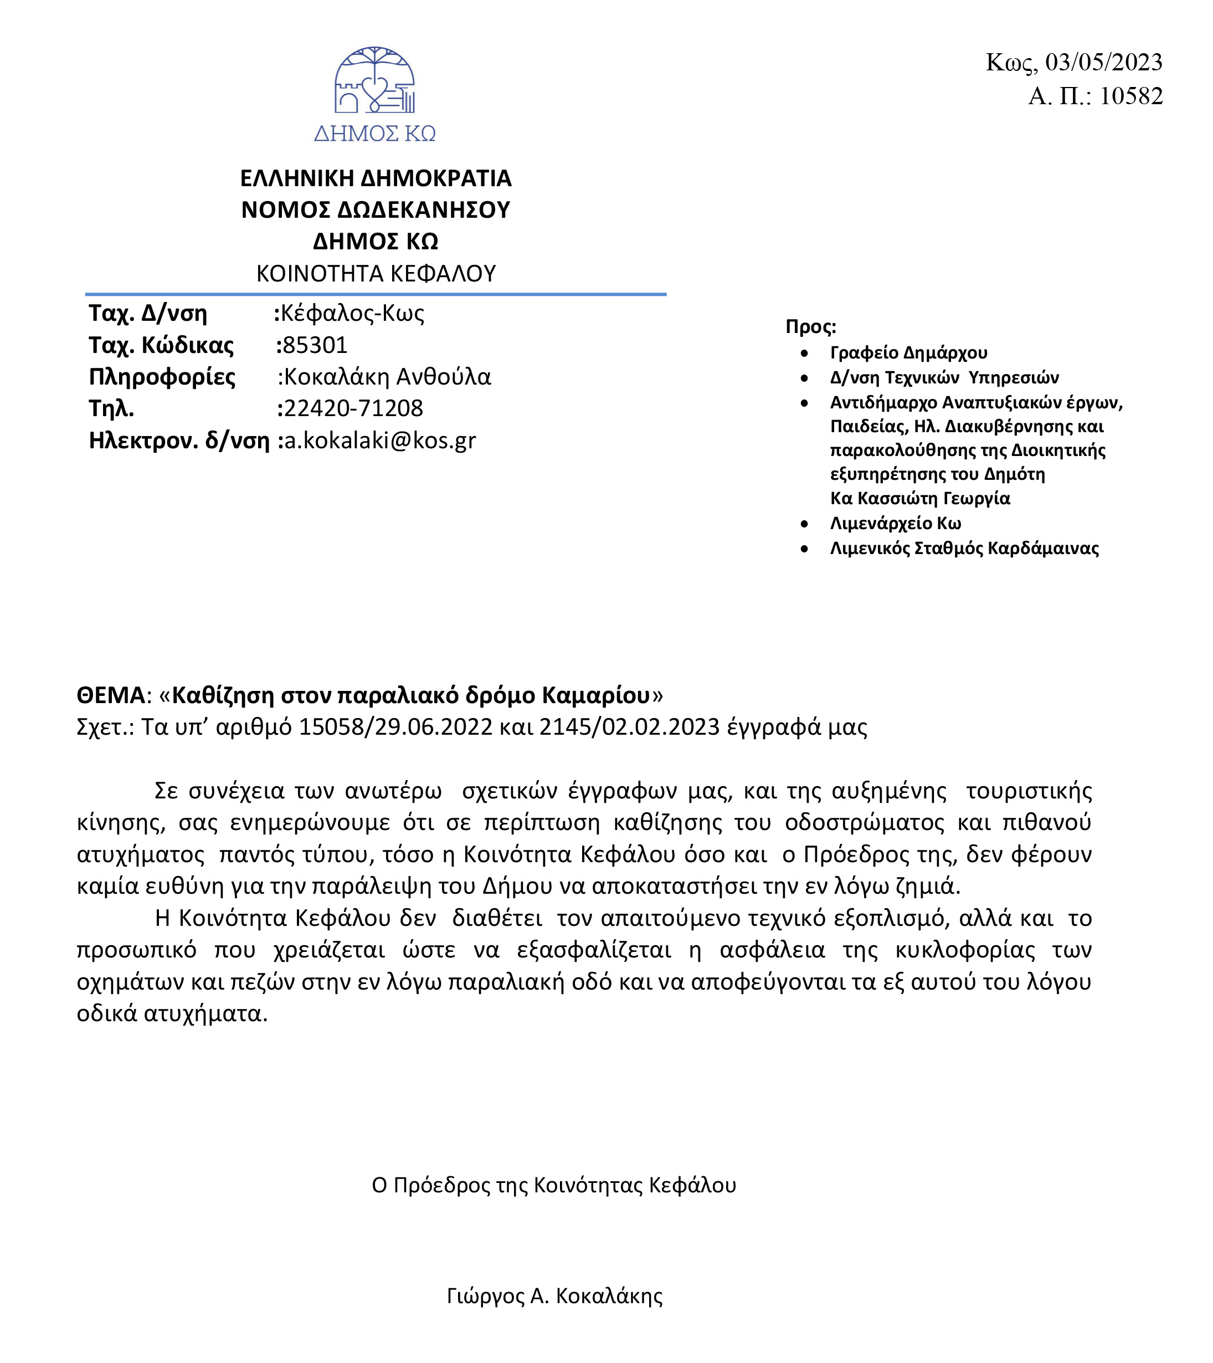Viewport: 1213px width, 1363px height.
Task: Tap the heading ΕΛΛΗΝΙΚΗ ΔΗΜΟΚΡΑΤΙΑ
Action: pos(376,178)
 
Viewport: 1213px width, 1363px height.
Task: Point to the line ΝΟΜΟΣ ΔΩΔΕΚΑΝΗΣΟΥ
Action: pos(376,210)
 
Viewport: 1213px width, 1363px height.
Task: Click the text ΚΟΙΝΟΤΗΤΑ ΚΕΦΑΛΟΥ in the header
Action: pos(376,273)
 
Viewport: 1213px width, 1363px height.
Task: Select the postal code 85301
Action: pos(315,345)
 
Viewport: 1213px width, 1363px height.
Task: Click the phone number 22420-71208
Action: pos(353,408)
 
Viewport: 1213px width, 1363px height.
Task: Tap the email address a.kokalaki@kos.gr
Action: pos(380,440)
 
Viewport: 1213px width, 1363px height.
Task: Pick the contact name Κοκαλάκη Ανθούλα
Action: pos(387,377)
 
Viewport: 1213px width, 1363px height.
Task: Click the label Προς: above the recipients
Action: pos(810,327)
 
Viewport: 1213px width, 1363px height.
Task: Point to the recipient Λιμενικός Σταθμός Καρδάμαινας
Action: pos(964,548)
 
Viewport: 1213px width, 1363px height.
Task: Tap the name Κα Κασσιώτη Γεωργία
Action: pos(920,498)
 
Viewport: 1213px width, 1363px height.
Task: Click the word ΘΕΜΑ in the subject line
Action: pos(111,695)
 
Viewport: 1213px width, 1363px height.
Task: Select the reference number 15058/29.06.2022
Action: pos(395,726)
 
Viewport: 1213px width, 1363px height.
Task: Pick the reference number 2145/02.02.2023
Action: pos(629,726)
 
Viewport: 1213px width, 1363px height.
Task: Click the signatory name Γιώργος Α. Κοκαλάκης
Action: pos(554,1295)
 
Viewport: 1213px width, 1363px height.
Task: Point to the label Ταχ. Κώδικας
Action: pos(161,345)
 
